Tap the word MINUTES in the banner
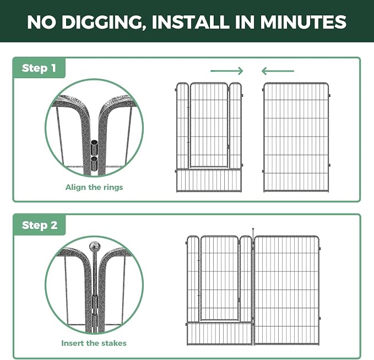click(303, 22)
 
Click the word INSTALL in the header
click(191, 22)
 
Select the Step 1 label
click(39, 68)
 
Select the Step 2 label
click(40, 225)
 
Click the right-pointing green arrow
click(226, 71)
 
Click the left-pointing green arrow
click(278, 71)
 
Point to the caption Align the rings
click(94, 187)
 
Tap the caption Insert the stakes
click(94, 343)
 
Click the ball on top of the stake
click(94, 247)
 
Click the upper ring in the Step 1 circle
click(94, 147)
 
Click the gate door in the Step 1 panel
click(209, 125)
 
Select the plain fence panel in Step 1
click(296, 137)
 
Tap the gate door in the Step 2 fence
click(219, 278)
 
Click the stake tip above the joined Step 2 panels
click(253, 229)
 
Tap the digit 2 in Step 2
click(54, 225)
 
